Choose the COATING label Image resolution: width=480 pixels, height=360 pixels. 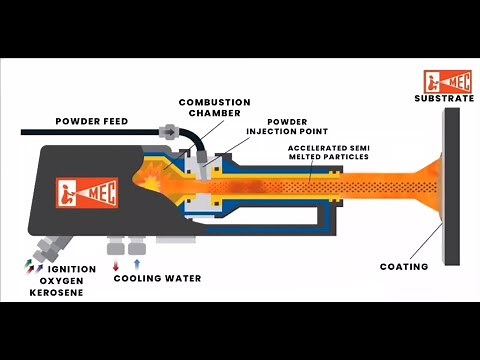coord(404,266)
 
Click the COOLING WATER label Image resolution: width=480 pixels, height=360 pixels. coord(157,278)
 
